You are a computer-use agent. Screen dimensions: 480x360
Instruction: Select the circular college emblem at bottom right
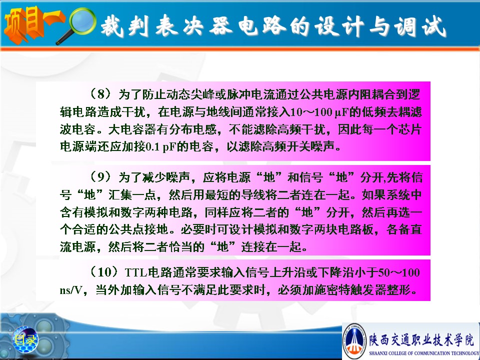(x=355, y=341)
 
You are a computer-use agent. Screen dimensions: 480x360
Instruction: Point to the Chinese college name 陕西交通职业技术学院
(x=421, y=339)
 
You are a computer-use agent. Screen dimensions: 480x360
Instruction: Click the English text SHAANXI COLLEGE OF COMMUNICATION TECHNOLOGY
(x=424, y=353)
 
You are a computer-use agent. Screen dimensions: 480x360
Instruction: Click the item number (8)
(x=101, y=94)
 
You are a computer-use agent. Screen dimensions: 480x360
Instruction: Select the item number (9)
(x=101, y=176)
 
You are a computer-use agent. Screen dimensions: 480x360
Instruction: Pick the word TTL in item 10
(x=136, y=272)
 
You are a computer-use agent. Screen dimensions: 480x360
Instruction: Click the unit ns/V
(x=71, y=289)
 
